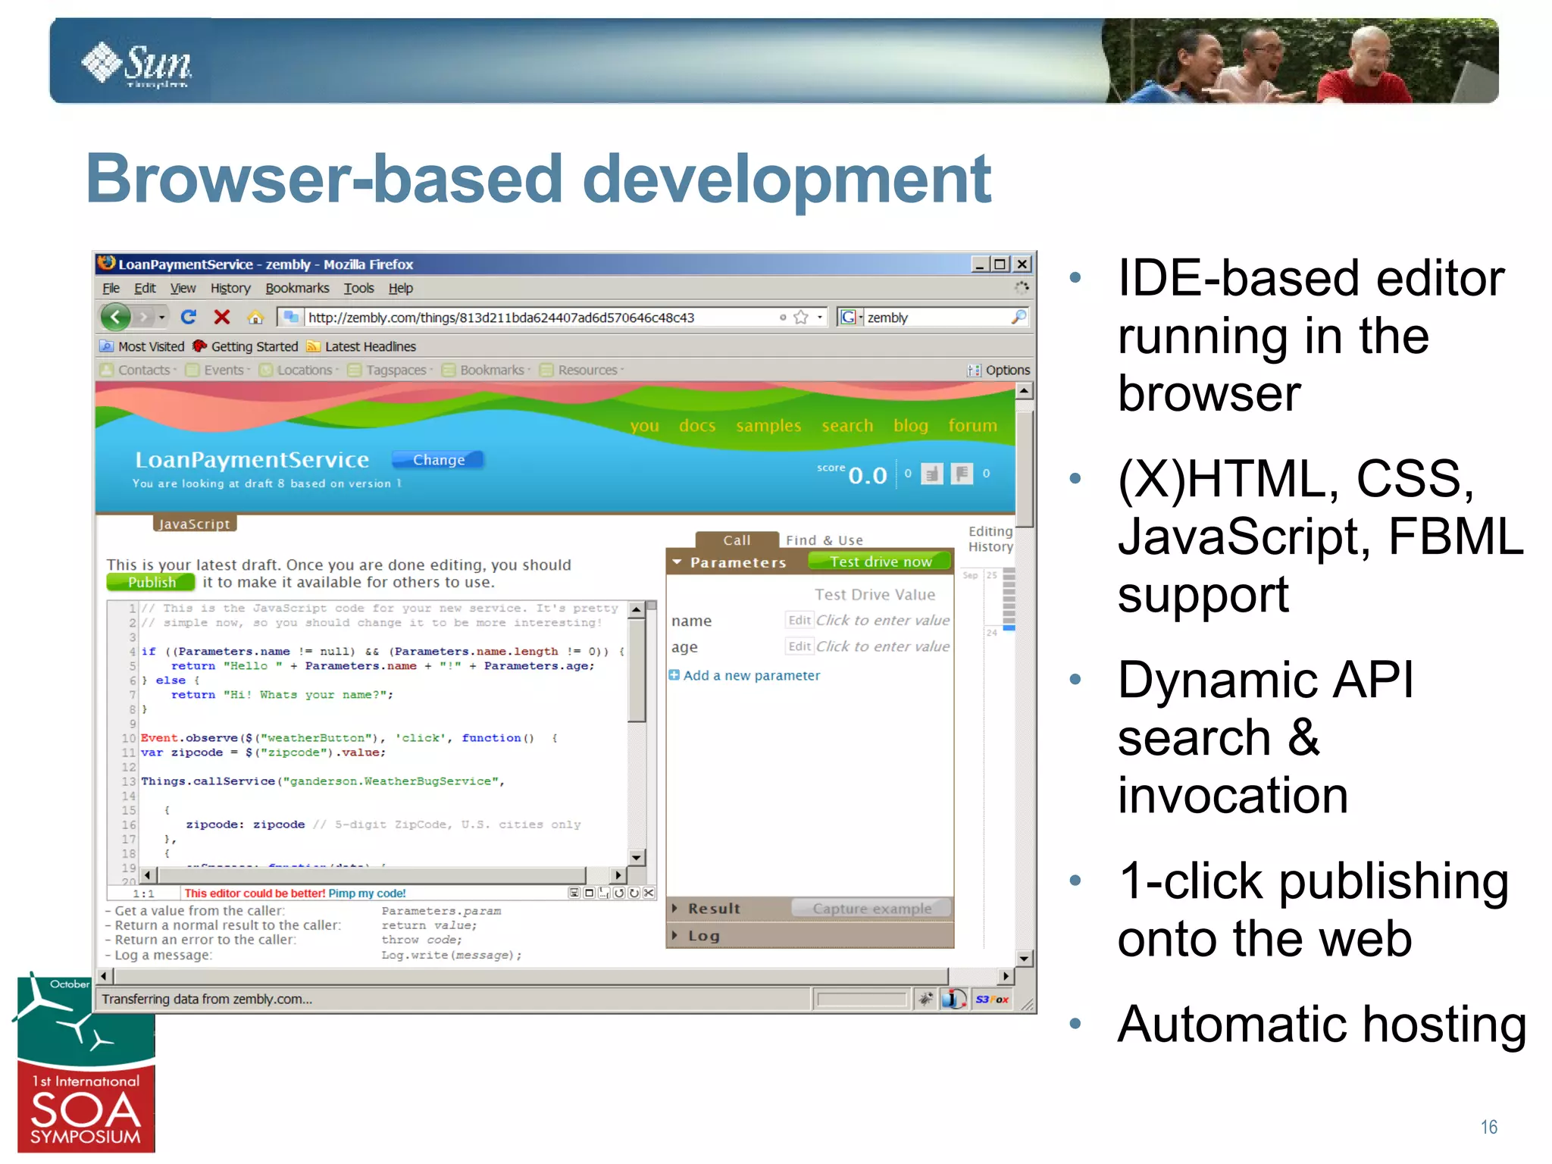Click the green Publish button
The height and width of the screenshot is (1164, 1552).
(x=151, y=582)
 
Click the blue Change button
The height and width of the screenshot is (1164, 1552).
(x=438, y=460)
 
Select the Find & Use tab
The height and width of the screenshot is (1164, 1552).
(x=824, y=540)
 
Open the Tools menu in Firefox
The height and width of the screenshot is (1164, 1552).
(x=358, y=288)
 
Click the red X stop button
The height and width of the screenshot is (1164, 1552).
(x=222, y=317)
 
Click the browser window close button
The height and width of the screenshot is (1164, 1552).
(x=1022, y=264)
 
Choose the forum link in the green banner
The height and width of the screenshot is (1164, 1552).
(x=972, y=426)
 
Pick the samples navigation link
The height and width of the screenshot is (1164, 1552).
(x=768, y=426)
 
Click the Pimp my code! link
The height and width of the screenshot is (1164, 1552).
(x=367, y=893)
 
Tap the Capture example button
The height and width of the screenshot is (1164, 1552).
(x=871, y=908)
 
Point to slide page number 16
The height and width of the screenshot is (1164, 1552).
(x=1488, y=1128)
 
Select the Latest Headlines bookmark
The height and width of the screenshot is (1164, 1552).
(x=370, y=346)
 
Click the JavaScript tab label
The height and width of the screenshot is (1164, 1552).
(x=194, y=524)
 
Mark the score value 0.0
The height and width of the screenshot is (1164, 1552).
(x=867, y=475)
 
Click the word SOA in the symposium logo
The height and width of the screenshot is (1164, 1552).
(x=86, y=1111)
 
